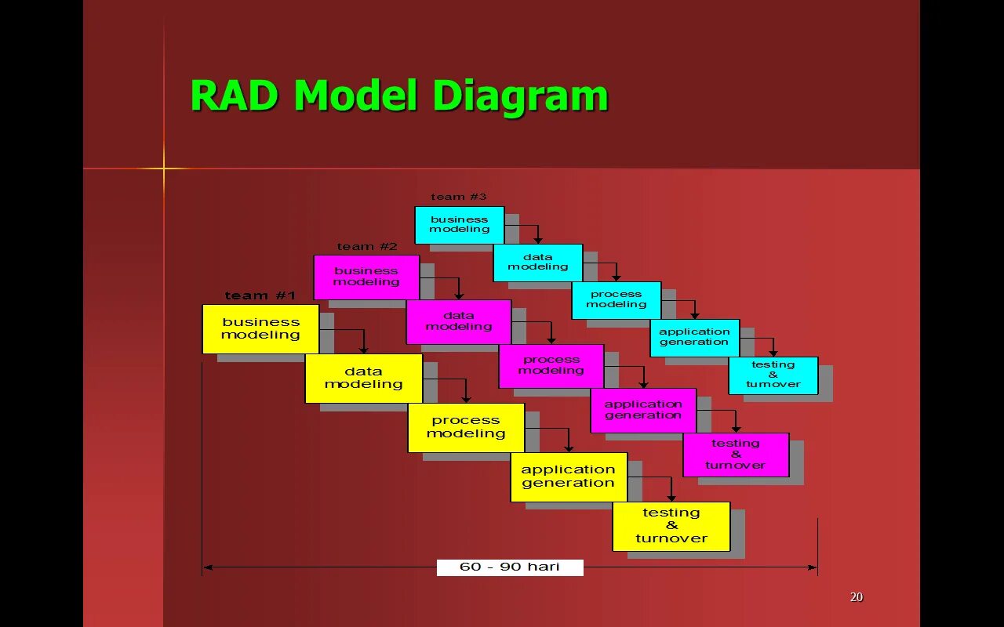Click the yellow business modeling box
tap(260, 328)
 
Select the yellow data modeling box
tap(363, 379)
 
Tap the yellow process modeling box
tap(466, 427)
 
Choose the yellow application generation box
tap(569, 477)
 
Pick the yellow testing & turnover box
tap(671, 526)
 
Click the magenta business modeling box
tap(366, 277)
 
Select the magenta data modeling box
tap(459, 321)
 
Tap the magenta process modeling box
tap(551, 366)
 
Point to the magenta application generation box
tap(643, 410)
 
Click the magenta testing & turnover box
tap(736, 455)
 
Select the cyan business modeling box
tap(460, 225)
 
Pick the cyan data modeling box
tap(537, 263)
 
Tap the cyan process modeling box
tap(616, 300)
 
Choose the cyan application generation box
tap(694, 338)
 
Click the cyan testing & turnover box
tap(773, 375)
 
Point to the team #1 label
tap(260, 295)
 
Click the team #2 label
tap(367, 247)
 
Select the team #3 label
tap(459, 197)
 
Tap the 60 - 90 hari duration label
tap(510, 567)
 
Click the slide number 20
tap(857, 597)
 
